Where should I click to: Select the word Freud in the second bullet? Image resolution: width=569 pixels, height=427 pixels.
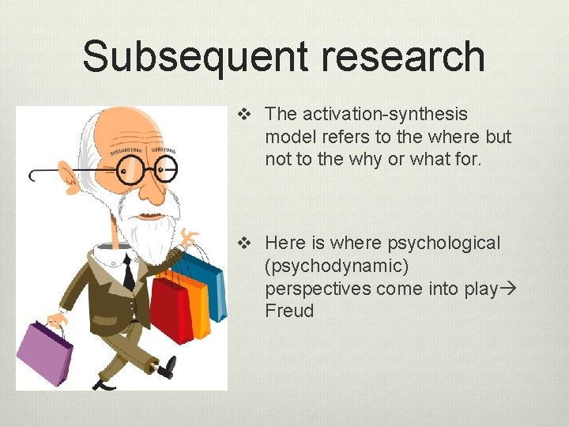tap(289, 311)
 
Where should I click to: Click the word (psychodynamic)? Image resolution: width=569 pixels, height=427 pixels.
tap(337, 266)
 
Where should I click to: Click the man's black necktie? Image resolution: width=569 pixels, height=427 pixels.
tap(129, 274)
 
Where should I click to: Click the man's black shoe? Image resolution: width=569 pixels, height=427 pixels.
tap(167, 366)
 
